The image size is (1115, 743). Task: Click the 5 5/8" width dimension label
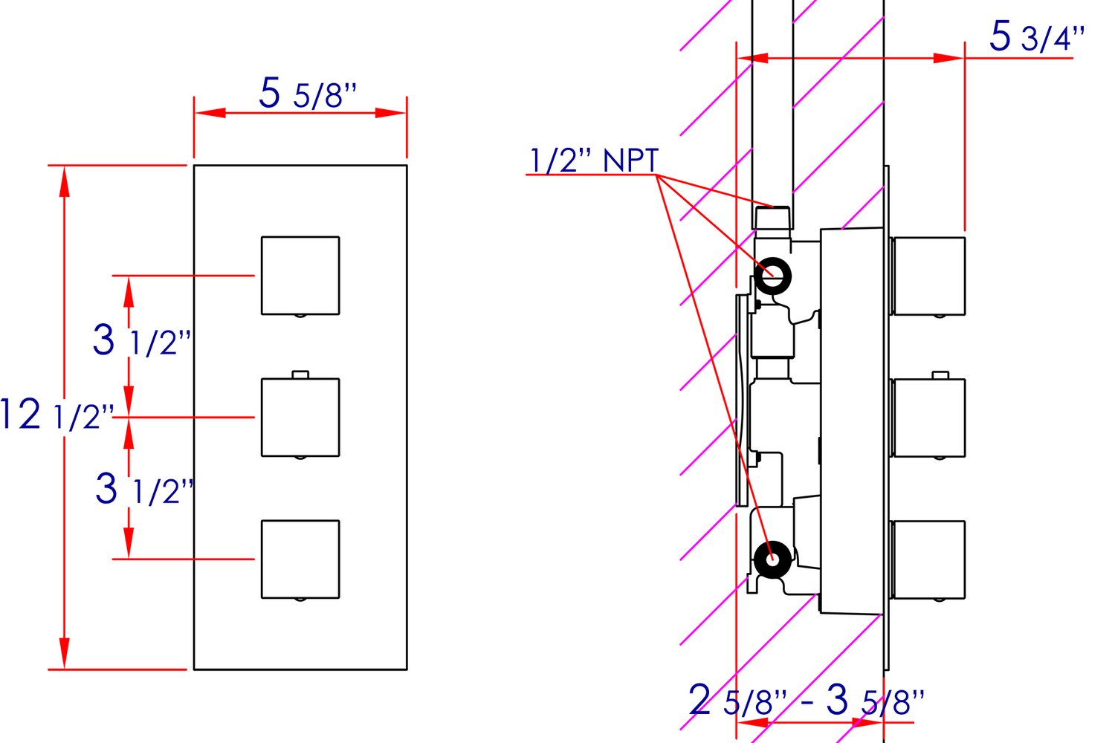click(x=308, y=94)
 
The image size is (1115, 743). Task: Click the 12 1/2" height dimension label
click(x=57, y=415)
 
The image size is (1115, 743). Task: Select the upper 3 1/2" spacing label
click(x=142, y=340)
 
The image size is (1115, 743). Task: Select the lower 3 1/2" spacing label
click(x=144, y=490)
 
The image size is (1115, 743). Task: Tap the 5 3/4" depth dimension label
click(x=1036, y=36)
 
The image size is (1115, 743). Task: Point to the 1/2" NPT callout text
click(x=593, y=160)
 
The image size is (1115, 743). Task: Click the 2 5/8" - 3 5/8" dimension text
click(x=807, y=701)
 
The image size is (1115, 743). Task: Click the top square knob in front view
click(x=300, y=276)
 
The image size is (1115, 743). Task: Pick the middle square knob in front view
click(x=300, y=418)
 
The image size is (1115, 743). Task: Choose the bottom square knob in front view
click(x=300, y=559)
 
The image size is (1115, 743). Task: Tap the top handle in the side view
click(x=928, y=276)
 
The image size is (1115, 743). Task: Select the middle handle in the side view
click(x=928, y=418)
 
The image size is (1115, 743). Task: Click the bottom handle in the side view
click(x=928, y=559)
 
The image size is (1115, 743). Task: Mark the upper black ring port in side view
click(x=773, y=276)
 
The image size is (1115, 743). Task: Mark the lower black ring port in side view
click(x=772, y=559)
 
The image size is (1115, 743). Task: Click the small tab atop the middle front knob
click(x=300, y=374)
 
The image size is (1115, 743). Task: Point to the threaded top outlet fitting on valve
click(x=772, y=218)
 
